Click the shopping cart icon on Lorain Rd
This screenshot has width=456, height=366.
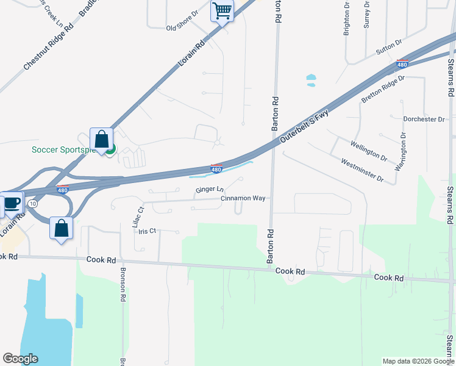point(223,10)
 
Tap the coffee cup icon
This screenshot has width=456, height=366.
point(12,203)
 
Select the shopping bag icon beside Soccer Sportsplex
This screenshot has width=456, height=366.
point(101,139)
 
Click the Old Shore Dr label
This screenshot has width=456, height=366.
point(182,27)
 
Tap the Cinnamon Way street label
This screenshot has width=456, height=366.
point(243,198)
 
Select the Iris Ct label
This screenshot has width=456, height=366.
point(148,231)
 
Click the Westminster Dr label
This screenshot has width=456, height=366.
point(362,171)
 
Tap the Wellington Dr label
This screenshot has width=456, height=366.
point(369,150)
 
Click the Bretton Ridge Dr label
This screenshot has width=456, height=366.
point(383,90)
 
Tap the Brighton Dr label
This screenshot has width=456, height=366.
point(346,21)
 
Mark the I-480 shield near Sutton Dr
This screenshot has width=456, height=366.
point(402,63)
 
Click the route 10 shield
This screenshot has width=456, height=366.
point(33,203)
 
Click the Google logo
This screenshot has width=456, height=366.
point(20,359)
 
